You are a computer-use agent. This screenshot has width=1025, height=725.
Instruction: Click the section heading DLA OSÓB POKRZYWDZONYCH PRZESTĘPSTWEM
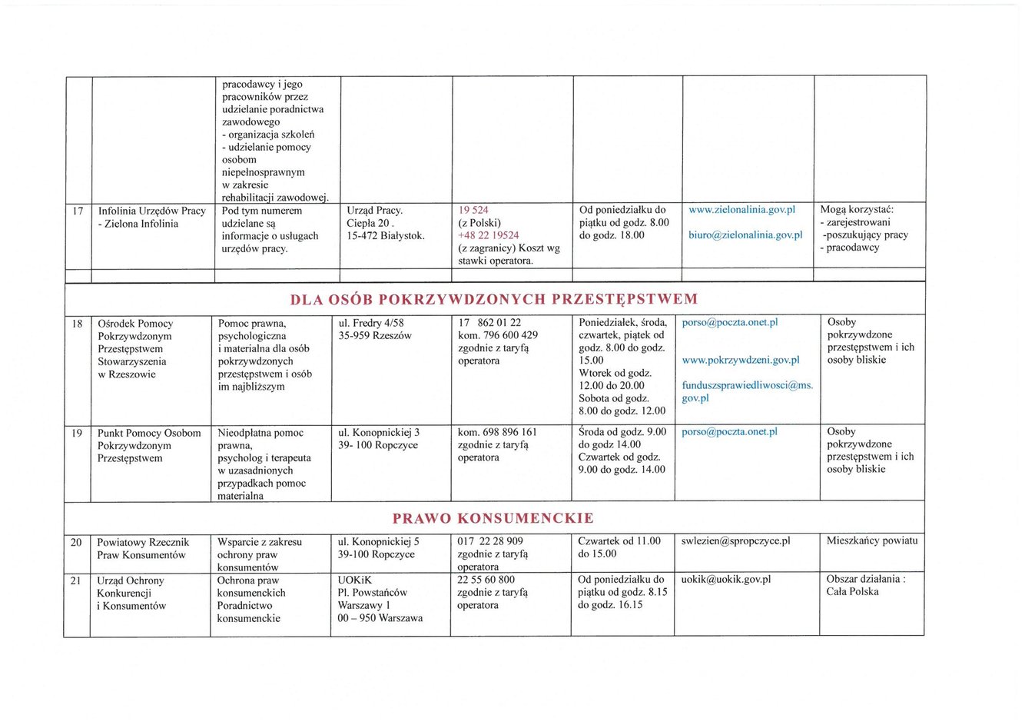point(494,299)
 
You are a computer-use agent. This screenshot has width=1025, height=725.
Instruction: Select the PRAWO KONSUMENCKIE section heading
point(493,518)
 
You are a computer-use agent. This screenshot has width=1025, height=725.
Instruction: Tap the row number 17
point(78,211)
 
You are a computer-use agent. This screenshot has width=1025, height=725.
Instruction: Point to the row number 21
point(75,580)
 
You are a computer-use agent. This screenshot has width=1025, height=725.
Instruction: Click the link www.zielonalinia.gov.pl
point(741,210)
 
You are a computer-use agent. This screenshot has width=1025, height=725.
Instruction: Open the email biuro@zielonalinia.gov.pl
point(745,235)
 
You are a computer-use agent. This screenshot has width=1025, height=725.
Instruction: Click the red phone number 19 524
point(473,210)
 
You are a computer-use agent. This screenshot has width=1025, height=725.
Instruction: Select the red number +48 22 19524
point(488,235)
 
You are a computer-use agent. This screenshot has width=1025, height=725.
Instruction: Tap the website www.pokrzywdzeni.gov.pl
point(741,360)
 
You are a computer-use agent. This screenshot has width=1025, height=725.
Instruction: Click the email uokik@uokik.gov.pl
point(725,580)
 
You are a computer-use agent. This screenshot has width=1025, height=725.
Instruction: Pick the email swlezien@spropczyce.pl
point(735,541)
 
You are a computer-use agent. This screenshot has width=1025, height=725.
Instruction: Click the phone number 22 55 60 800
point(486,580)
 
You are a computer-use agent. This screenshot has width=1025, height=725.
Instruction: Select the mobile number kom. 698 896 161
point(497,432)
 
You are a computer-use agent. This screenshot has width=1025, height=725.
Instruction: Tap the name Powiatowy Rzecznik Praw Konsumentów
point(142,548)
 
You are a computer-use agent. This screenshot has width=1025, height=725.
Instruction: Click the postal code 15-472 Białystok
point(386,236)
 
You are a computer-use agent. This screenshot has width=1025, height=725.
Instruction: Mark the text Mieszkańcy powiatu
point(872,540)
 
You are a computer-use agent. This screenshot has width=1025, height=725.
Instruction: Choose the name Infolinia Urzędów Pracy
point(151,211)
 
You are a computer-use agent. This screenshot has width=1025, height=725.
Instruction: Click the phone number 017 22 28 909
point(489,541)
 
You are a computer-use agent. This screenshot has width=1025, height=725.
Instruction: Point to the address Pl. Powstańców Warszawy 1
point(372,599)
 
